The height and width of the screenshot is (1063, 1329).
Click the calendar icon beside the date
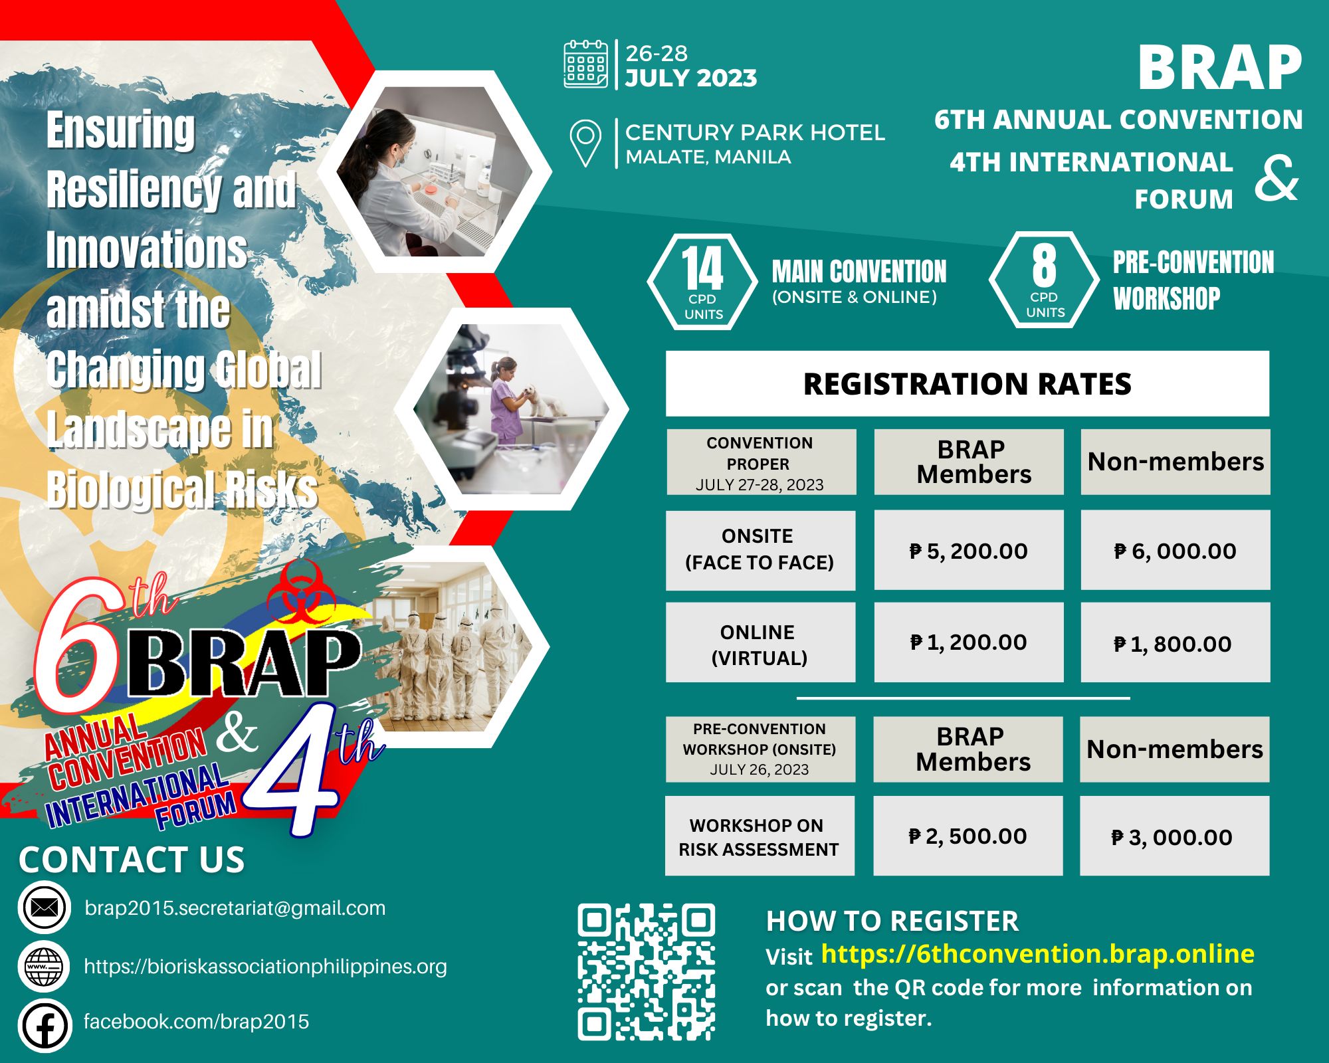tap(585, 64)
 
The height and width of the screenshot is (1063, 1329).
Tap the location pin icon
tap(585, 142)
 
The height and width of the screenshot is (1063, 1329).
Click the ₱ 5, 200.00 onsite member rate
tap(968, 551)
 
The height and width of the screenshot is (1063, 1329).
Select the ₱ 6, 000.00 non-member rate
tap(1175, 551)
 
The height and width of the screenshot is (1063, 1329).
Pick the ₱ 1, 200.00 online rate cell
tap(968, 642)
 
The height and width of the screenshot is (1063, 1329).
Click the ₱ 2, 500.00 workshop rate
tap(968, 836)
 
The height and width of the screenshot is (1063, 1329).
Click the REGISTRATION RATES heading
tap(967, 384)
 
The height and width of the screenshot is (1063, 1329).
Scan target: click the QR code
tap(646, 971)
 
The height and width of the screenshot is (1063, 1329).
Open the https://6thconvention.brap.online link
tap(1037, 954)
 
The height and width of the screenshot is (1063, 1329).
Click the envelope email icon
tap(45, 908)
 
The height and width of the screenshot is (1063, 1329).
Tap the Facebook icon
tap(45, 1026)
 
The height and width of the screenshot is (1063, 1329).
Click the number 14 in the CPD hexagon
tap(702, 268)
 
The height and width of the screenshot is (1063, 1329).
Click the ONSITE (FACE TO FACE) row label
tap(760, 549)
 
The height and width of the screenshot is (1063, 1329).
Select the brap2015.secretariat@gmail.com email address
tap(235, 908)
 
